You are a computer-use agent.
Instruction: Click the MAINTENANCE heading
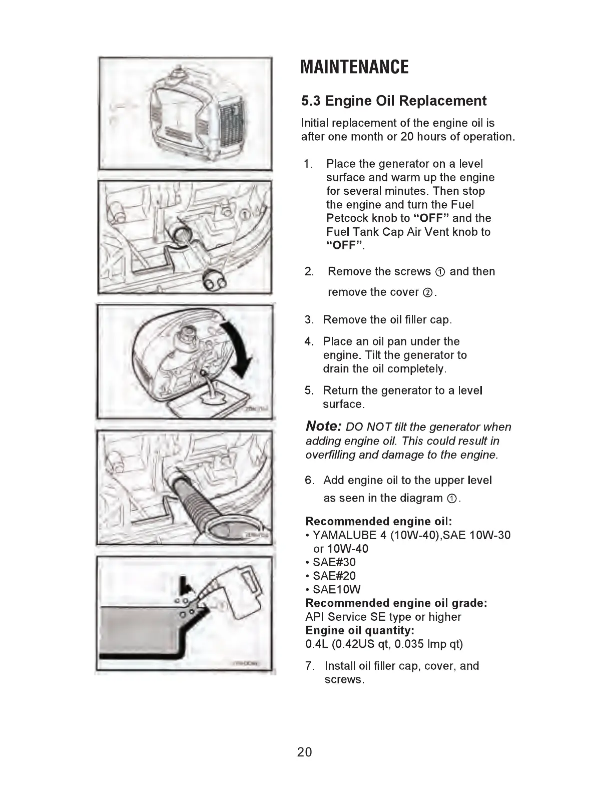click(x=354, y=67)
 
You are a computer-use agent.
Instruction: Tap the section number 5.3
click(x=311, y=101)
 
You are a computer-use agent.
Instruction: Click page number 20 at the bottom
click(x=304, y=752)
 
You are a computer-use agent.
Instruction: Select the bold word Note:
click(x=324, y=426)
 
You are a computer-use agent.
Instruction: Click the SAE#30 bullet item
click(x=334, y=562)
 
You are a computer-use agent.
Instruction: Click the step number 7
click(x=310, y=666)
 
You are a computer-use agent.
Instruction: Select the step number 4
click(x=309, y=341)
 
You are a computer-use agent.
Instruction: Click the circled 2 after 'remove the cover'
click(x=428, y=293)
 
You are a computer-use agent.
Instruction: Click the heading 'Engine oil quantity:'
click(x=359, y=630)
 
